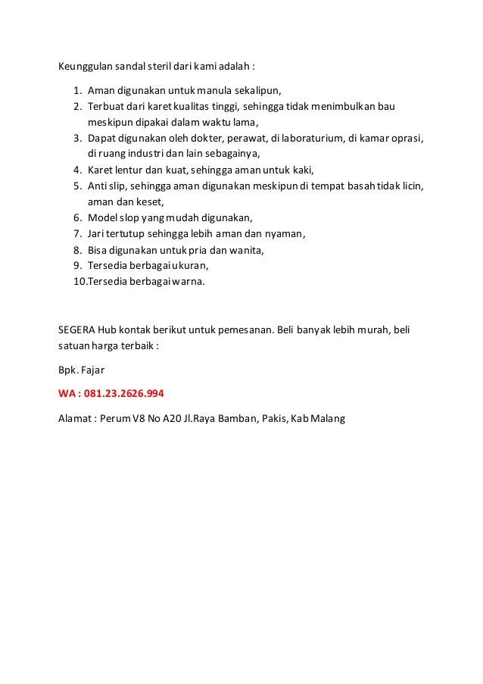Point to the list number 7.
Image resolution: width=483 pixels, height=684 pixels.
pyautogui.click(x=76, y=233)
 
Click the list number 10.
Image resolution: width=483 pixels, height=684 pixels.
pyautogui.click(x=79, y=283)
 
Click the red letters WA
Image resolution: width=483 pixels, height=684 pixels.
pyautogui.click(x=68, y=394)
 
